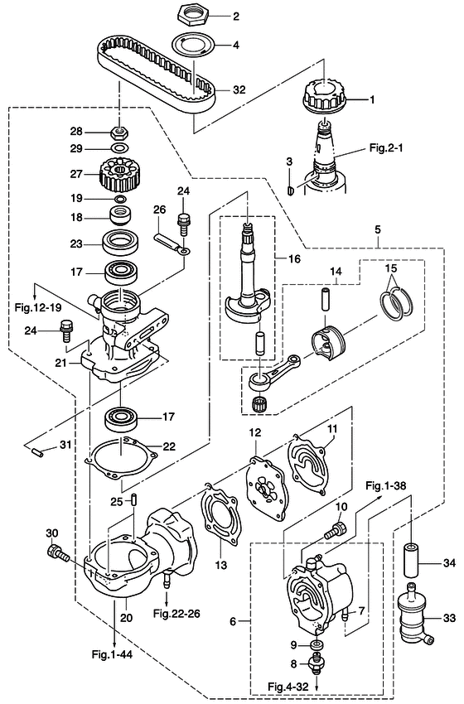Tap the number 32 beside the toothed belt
pyautogui.click(x=239, y=89)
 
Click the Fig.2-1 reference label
pyautogui.click(x=386, y=147)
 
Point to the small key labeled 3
pyautogui.click(x=290, y=190)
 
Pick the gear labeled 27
pyautogui.click(x=118, y=174)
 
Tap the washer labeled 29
pyautogui.click(x=119, y=148)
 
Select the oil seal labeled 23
pyautogui.click(x=121, y=244)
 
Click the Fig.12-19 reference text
pyautogui.click(x=38, y=307)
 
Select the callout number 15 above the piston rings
pyautogui.click(x=391, y=268)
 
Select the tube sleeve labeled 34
pyautogui.click(x=412, y=561)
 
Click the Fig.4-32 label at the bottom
pyautogui.click(x=288, y=687)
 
